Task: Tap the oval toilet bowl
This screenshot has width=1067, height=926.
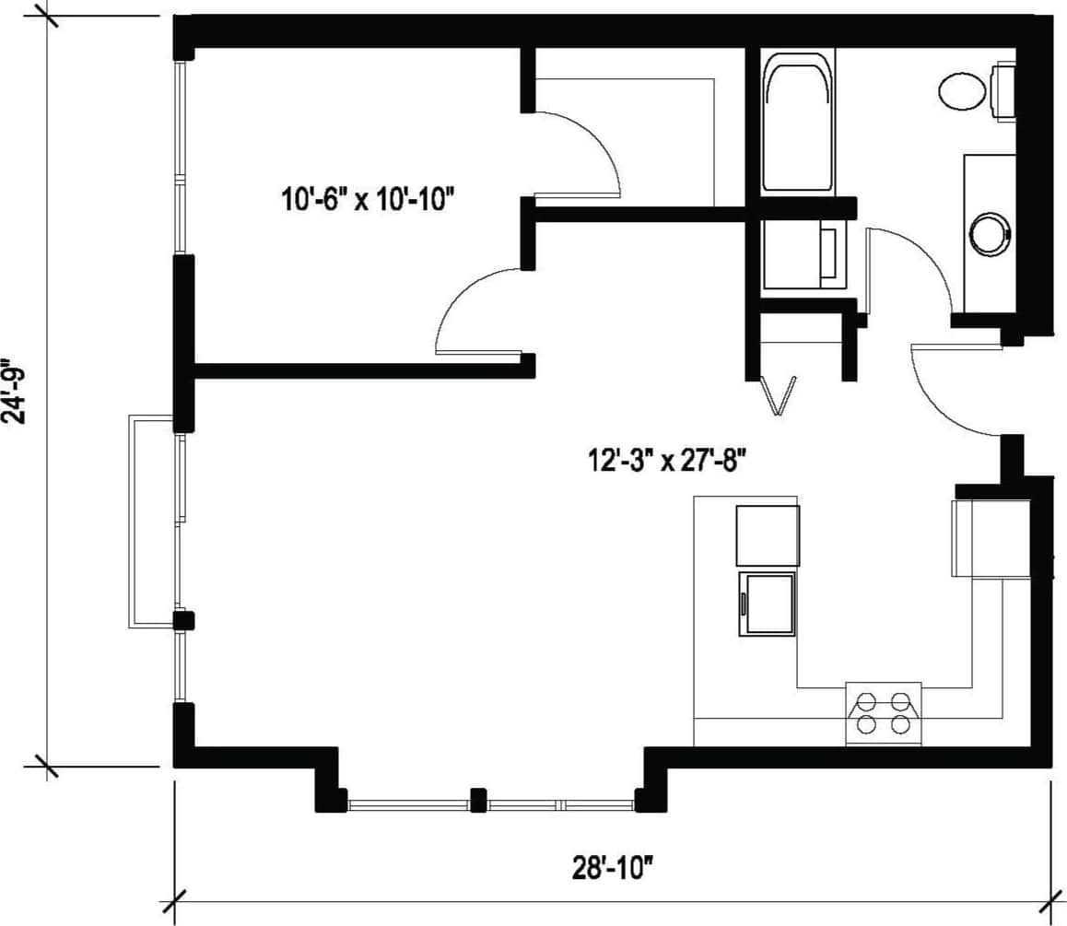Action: tap(962, 91)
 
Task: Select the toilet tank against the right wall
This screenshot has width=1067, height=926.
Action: tap(1003, 91)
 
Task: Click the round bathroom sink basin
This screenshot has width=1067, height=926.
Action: tap(991, 233)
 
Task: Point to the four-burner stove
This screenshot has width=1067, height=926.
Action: tap(883, 713)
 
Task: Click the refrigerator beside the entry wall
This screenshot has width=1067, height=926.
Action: tap(991, 538)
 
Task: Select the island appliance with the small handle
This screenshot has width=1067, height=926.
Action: tap(767, 604)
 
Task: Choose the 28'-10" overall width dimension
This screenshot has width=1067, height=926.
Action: tap(612, 866)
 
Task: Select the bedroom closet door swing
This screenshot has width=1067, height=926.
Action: tap(580, 152)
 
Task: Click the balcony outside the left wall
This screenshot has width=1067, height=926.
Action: tap(152, 522)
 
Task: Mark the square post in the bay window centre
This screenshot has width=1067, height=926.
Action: tap(477, 800)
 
